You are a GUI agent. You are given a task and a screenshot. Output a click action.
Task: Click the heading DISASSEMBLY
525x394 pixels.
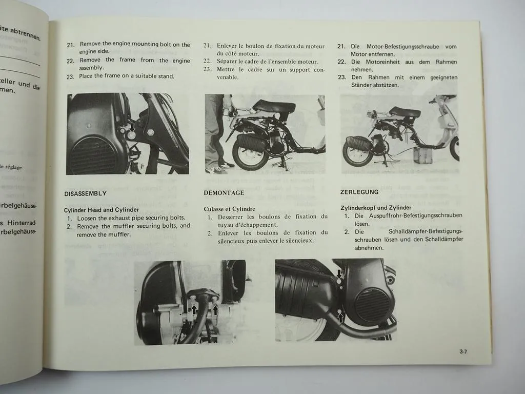pyautogui.click(x=85, y=193)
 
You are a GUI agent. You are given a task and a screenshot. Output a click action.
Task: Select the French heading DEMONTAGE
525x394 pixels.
pyautogui.click(x=224, y=193)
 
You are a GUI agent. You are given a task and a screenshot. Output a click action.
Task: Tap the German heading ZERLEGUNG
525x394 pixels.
pyautogui.click(x=359, y=192)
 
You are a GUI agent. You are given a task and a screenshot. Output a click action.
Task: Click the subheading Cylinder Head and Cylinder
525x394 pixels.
pyautogui.click(x=101, y=210)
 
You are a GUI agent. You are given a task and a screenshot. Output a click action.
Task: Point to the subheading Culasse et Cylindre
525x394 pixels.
pyautogui.click(x=229, y=209)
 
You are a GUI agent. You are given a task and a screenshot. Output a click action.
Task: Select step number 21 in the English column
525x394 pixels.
pyautogui.click(x=71, y=45)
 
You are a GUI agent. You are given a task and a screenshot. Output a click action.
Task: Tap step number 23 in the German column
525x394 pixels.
pyautogui.click(x=341, y=77)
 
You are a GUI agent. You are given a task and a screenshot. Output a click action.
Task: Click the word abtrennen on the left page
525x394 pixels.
pyautogui.click(x=23, y=32)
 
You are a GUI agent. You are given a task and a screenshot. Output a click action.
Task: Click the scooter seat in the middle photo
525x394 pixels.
pyautogui.click(x=273, y=106)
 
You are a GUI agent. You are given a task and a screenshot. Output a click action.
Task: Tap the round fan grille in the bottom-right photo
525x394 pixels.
pyautogui.click(x=372, y=305)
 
